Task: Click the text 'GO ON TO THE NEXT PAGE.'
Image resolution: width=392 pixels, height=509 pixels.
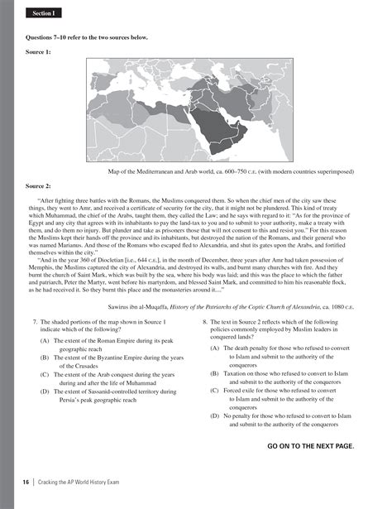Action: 311,445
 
